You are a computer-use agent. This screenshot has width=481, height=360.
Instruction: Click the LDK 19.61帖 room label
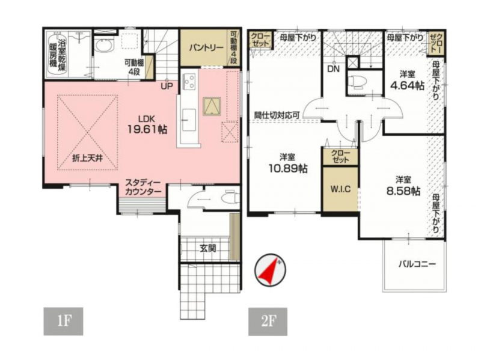coord(147,125)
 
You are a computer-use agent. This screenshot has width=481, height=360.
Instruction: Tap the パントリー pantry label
coord(206,48)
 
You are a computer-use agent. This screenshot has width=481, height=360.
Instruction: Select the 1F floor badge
coord(64,321)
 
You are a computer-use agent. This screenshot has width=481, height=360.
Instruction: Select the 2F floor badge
coord(268,321)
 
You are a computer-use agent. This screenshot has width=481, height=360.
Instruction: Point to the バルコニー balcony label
coord(417,264)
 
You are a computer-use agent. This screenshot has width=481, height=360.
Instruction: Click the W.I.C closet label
coord(340,189)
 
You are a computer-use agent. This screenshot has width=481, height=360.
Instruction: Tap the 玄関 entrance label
coord(207,248)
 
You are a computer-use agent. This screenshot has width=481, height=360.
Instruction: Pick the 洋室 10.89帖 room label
coord(288,163)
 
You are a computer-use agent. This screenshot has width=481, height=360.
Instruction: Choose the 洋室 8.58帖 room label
coord(403,185)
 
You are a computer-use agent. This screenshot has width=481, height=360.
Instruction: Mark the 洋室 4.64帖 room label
coord(407,81)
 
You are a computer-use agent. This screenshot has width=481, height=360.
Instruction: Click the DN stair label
coord(334,69)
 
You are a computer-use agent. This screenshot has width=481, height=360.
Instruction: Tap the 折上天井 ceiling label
coord(87,159)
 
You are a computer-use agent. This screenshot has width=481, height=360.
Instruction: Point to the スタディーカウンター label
coord(143,188)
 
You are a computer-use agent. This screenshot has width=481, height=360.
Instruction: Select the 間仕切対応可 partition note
coord(277,115)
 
